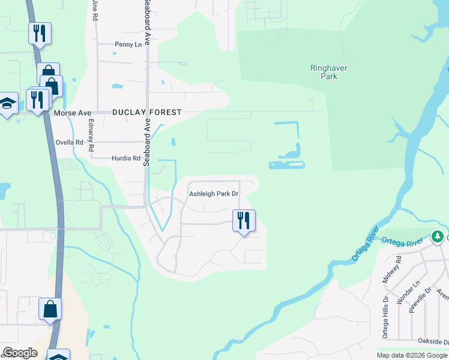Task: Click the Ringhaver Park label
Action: (x=329, y=73)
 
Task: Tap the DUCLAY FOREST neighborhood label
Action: (x=146, y=112)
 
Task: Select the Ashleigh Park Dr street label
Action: (x=214, y=194)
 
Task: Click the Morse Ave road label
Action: (x=72, y=113)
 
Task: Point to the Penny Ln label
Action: (x=128, y=44)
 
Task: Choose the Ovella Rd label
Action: (x=69, y=143)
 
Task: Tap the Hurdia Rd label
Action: (x=125, y=159)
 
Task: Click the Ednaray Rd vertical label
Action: (x=91, y=136)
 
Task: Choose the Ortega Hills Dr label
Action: (x=385, y=317)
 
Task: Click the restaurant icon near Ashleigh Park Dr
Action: (x=244, y=221)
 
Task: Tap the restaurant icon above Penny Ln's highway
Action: (x=40, y=34)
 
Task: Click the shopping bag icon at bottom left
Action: (x=50, y=310)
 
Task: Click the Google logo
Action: (x=20, y=353)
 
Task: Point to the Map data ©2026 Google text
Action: (x=411, y=355)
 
